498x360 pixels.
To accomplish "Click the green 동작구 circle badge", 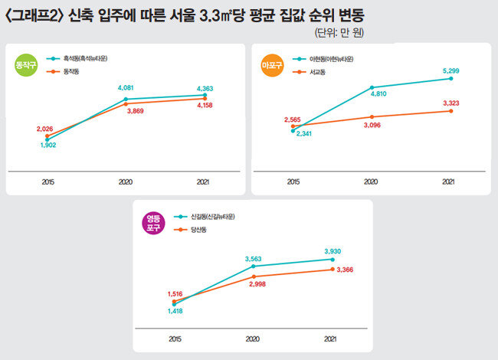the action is coord(26,65).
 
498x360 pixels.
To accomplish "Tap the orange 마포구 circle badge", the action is coord(272,65).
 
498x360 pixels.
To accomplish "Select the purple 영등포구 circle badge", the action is coord(153,223).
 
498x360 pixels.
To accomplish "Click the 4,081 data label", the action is coord(126,88).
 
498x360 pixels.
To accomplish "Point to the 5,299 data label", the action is coord(451,70).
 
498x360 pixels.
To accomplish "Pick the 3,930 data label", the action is coord(333,251).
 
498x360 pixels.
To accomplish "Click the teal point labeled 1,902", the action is coord(48,139).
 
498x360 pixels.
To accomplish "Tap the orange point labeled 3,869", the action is coord(126,104).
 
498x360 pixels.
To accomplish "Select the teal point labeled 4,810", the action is coord(372,87).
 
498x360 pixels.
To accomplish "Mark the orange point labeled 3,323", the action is coord(451,111).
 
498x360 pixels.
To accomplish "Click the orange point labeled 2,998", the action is coord(254,277).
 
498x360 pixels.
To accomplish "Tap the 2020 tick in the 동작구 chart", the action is coord(126,182).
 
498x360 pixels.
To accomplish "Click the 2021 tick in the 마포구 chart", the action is coord(448,182).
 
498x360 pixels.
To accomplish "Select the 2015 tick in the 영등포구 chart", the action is coord(175,339).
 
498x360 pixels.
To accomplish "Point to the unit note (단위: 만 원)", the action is coord(339,33).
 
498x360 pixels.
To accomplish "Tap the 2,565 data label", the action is coord(292,119).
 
